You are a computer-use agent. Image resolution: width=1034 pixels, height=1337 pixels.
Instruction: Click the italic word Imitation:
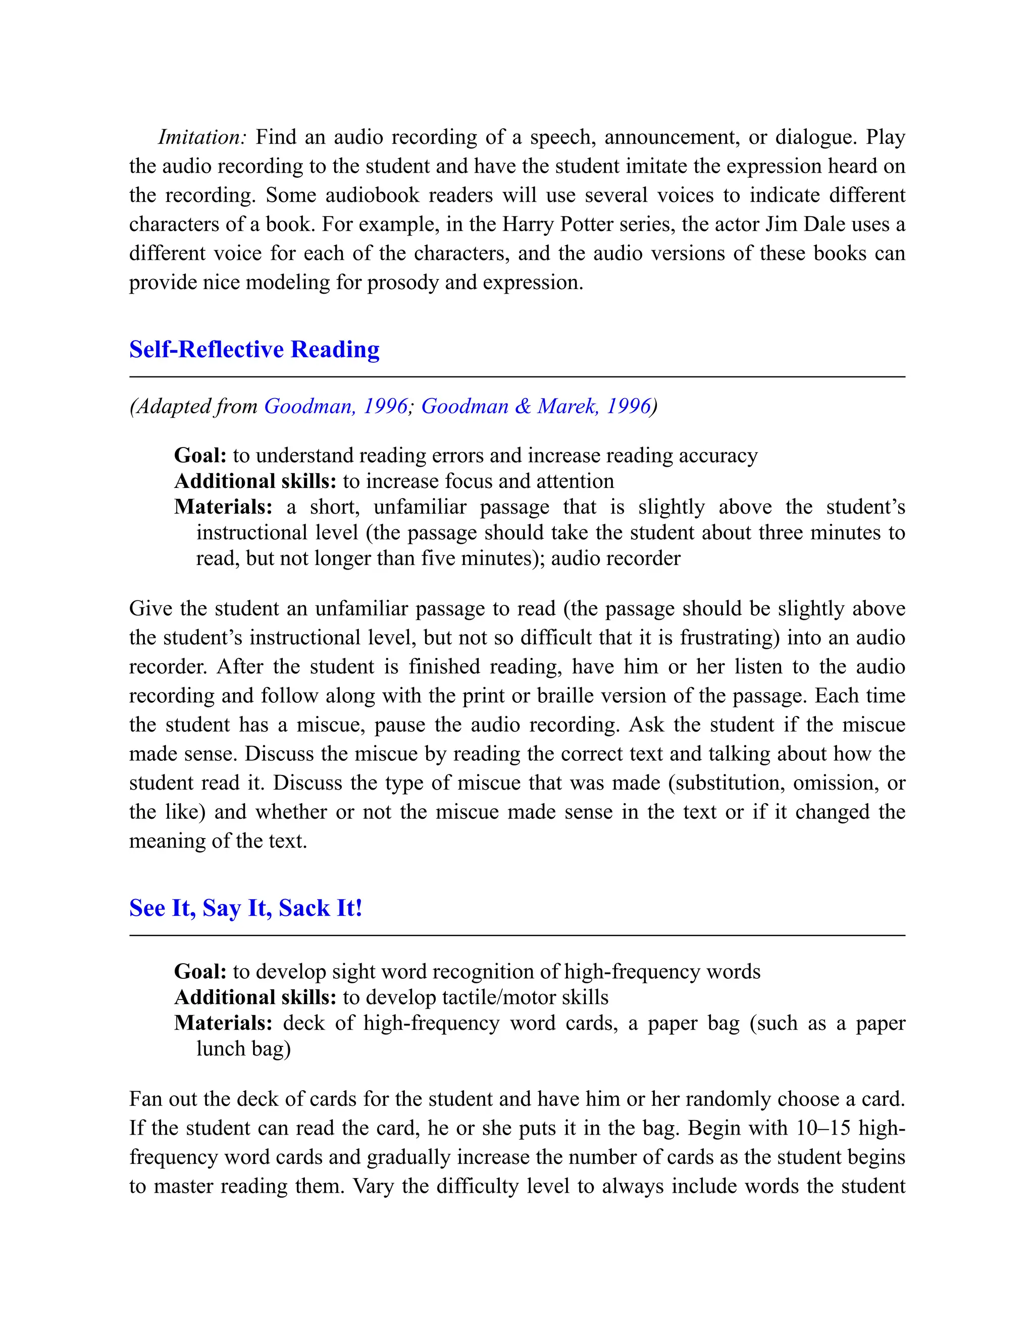pos(201,137)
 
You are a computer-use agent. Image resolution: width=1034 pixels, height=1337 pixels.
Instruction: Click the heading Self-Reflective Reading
pos(254,349)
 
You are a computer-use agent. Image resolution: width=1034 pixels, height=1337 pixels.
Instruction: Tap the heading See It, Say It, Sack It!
pos(246,908)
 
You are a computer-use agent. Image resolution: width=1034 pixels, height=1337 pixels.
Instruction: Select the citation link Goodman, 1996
pos(336,406)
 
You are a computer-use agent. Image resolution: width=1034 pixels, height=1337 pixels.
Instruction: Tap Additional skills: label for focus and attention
pos(255,481)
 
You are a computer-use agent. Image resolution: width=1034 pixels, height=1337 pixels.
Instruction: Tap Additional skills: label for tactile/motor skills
pos(255,997)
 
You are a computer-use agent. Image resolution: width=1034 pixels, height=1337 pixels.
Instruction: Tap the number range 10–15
pos(823,1128)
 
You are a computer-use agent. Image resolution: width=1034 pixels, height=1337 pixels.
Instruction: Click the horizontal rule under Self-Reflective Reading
pos(516,377)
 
